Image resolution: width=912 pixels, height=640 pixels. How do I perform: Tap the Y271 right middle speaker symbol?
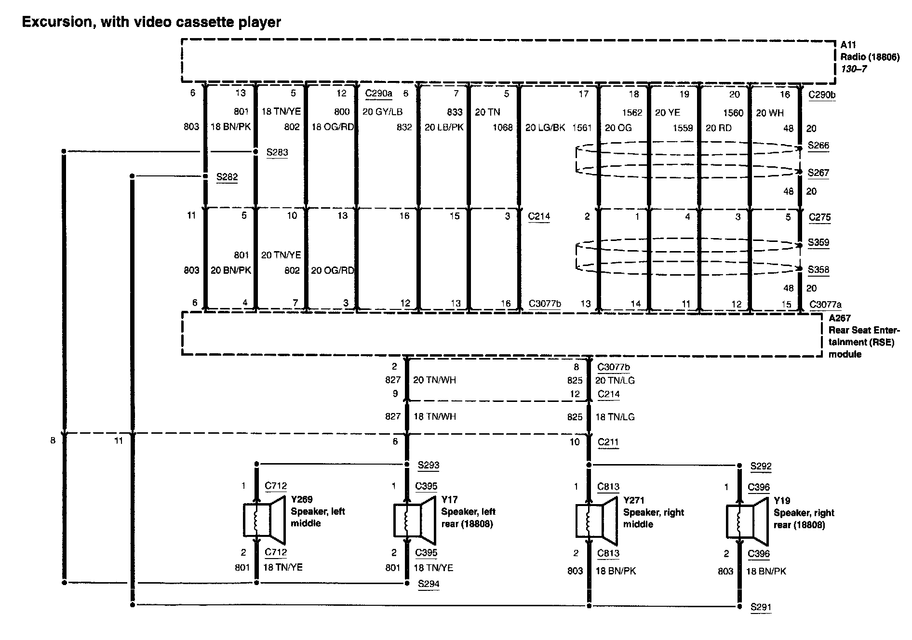click(x=596, y=520)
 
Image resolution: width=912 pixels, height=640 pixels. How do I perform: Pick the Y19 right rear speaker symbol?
click(x=747, y=520)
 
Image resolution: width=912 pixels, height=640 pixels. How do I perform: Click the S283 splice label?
click(x=277, y=152)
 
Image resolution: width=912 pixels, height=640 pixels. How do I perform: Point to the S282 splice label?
click(x=227, y=177)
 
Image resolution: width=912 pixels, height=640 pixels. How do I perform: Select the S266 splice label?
click(x=818, y=146)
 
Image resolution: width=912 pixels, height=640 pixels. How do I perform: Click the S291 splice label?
click(x=761, y=607)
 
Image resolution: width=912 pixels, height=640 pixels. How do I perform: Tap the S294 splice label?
click(x=429, y=584)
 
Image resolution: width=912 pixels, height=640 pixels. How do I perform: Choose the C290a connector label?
click(x=379, y=93)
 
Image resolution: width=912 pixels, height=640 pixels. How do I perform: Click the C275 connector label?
click(x=820, y=217)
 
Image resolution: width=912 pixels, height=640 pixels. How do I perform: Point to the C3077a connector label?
click(x=826, y=304)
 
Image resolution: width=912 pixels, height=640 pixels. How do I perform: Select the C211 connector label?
click(x=608, y=442)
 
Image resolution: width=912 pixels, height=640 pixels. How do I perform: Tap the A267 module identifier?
click(x=839, y=318)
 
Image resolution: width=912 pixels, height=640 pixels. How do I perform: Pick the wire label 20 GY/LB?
click(x=382, y=112)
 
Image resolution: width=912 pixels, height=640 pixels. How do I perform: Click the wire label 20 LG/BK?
click(x=545, y=128)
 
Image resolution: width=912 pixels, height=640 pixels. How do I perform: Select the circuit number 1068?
click(x=502, y=128)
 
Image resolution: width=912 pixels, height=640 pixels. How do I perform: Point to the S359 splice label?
click(x=818, y=242)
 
